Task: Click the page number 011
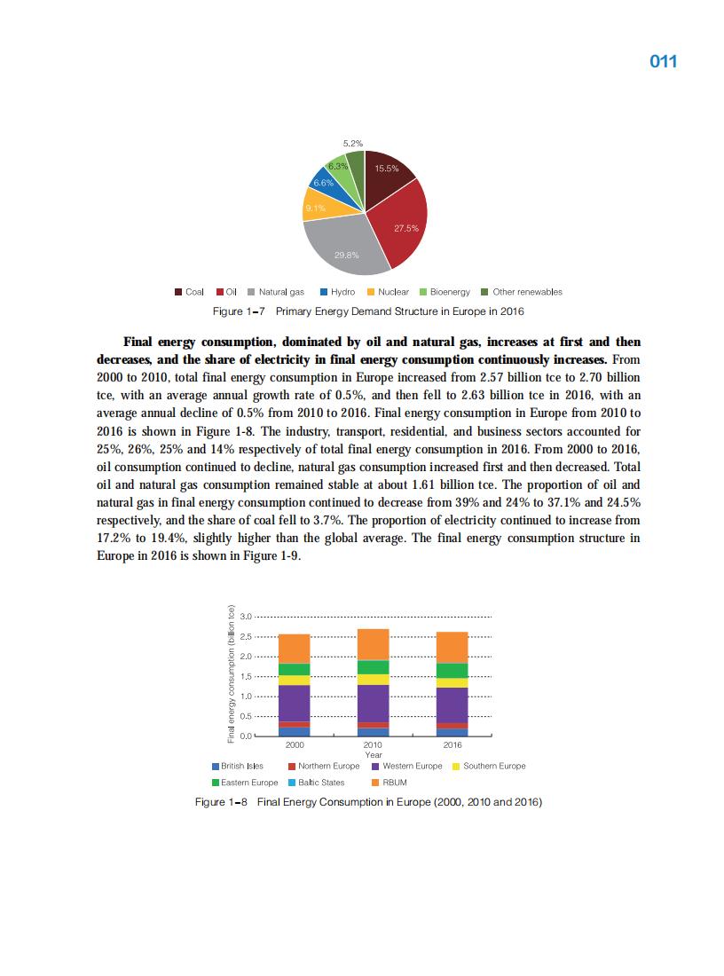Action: (x=663, y=61)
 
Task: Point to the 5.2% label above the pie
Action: (x=352, y=143)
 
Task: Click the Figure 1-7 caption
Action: (x=368, y=311)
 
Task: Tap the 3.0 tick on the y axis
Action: (x=247, y=616)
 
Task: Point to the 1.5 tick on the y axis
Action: (x=247, y=676)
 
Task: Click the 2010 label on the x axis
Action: (x=373, y=746)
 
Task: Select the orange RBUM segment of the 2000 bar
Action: (x=294, y=649)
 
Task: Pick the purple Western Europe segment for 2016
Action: (x=452, y=705)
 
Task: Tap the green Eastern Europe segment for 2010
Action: (x=373, y=667)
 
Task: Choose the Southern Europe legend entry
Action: (x=488, y=766)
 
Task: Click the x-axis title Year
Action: (x=373, y=755)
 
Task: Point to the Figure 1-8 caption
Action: (x=368, y=802)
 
